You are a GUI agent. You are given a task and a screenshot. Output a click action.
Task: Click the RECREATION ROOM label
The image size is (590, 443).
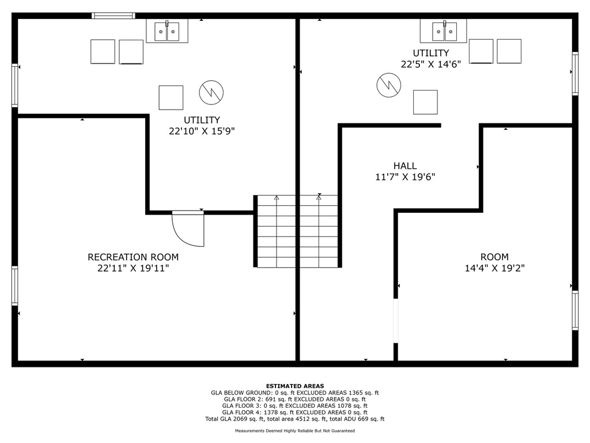pyautogui.click(x=133, y=257)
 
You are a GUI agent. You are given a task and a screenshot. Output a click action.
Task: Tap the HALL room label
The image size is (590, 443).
pyautogui.click(x=405, y=166)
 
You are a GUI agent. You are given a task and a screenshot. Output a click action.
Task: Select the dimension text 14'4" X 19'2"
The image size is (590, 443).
pyautogui.click(x=494, y=268)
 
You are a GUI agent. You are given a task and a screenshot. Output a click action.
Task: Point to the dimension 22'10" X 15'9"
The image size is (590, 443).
pyautogui.click(x=202, y=131)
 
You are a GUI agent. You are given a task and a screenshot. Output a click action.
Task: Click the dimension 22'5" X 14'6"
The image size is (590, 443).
pyautogui.click(x=431, y=65)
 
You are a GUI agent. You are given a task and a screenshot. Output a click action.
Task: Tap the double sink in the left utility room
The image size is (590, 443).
pyautogui.click(x=167, y=31)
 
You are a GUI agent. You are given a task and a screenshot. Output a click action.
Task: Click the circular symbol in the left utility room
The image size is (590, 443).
pyautogui.click(x=211, y=92)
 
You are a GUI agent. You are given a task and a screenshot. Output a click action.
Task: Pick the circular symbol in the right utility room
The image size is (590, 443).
pyautogui.click(x=389, y=85)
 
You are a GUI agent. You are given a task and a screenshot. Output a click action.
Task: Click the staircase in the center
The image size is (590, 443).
pyautogui.click(x=297, y=231)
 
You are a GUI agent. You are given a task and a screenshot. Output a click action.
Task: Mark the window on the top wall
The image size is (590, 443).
pyautogui.click(x=114, y=16)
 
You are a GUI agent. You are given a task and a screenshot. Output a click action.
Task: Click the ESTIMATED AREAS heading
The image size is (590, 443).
pyautogui.click(x=295, y=386)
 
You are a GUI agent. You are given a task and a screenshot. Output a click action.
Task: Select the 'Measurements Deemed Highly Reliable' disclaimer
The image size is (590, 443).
pyautogui.click(x=295, y=430)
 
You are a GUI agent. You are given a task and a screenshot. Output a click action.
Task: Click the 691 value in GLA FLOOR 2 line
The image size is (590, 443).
pyautogui.click(x=271, y=399)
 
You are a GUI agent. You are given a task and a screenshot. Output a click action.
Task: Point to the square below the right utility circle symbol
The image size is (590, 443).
pyautogui.click(x=425, y=102)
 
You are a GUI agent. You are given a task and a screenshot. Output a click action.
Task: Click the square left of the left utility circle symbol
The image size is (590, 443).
pyautogui.click(x=171, y=97)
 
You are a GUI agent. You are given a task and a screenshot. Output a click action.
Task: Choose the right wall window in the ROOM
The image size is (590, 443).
pyautogui.click(x=575, y=310)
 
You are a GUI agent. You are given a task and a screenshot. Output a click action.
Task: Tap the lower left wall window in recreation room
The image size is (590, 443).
pyautogui.click(x=14, y=286)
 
